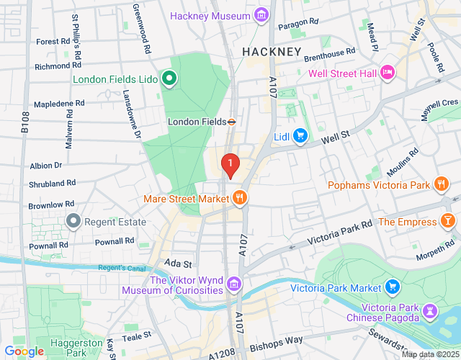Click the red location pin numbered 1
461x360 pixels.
click(230, 166)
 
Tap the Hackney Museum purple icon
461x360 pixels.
click(261, 15)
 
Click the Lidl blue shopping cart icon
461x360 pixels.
click(300, 136)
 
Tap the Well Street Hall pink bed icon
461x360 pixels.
click(388, 72)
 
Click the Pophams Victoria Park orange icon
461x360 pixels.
click(442, 185)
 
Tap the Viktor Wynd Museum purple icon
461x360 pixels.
click(233, 285)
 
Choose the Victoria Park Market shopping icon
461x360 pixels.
click(393, 288)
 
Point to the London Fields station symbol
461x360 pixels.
click(232, 122)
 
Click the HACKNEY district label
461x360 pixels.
click(271, 52)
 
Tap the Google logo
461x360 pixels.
click(24, 351)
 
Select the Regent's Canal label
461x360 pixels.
click(122, 269)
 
